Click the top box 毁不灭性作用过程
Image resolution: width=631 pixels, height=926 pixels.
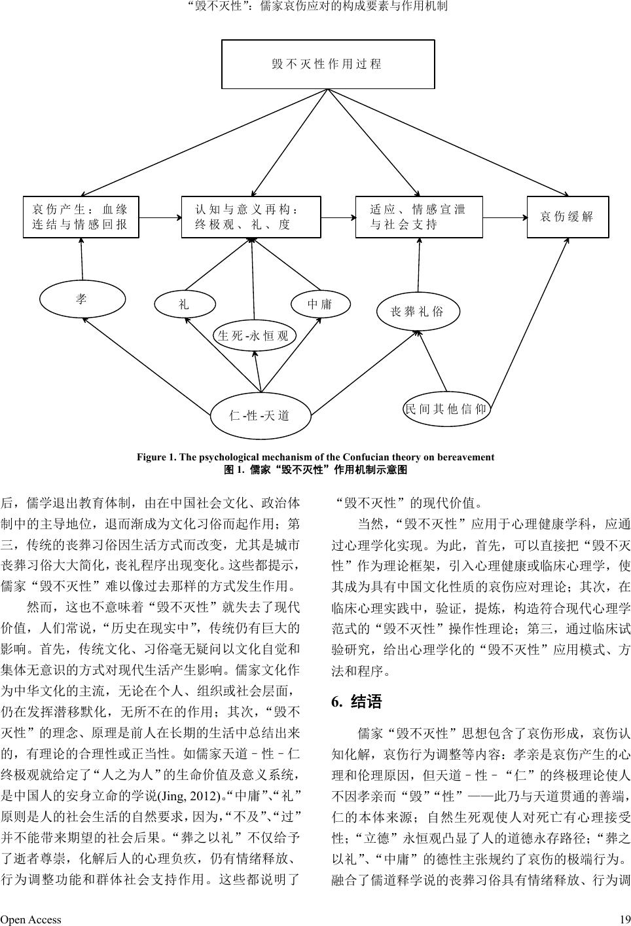coord(328,64)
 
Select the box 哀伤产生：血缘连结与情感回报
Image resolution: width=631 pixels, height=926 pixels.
coord(81,217)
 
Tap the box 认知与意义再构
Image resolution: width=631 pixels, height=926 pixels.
coord(251,217)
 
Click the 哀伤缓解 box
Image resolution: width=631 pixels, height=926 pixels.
coord(568,217)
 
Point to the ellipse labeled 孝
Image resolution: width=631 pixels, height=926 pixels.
coord(82,299)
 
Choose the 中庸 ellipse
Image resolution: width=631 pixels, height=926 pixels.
coord(320,305)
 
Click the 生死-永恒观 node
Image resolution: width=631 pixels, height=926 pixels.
coord(253,337)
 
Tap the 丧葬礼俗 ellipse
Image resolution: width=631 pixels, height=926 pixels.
coord(418,311)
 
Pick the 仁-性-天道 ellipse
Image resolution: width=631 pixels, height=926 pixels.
coord(260,415)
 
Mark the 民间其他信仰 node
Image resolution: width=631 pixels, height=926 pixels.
coord(446,409)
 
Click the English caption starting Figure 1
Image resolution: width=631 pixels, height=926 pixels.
coord(315,457)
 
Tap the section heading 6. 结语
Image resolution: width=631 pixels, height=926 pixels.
coord(357,702)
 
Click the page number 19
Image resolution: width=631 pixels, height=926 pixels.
coord(624,919)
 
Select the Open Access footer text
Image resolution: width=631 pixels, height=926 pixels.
coord(31,919)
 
